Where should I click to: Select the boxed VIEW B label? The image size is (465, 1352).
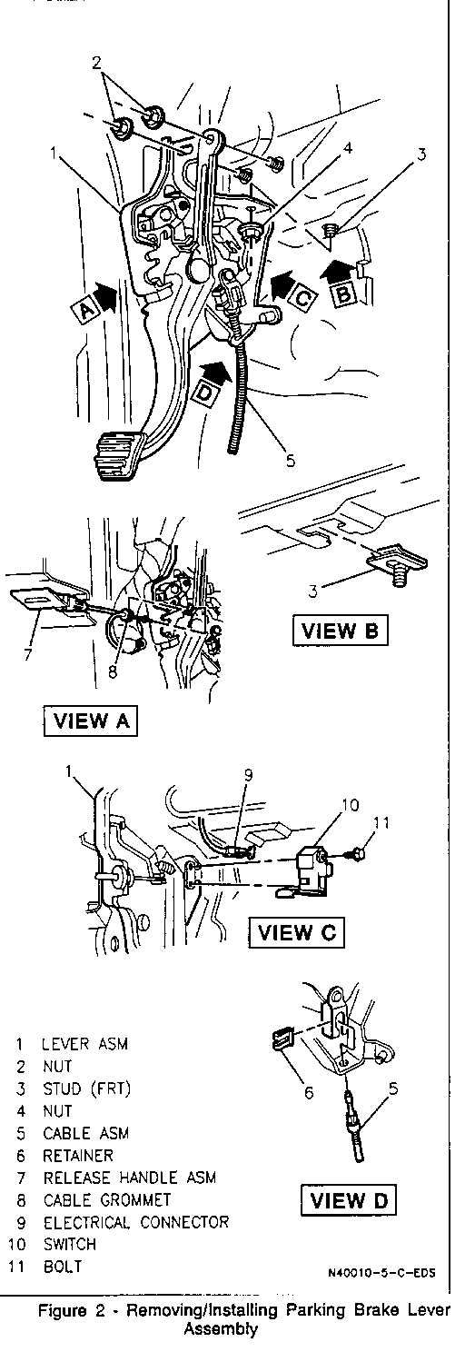340,631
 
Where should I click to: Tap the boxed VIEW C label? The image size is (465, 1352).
297,932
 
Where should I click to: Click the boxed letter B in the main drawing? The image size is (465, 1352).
343,294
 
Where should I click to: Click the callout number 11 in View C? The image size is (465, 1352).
381,823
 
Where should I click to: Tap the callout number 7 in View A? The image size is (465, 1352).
28,654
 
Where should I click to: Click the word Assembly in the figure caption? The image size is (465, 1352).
221,1329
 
